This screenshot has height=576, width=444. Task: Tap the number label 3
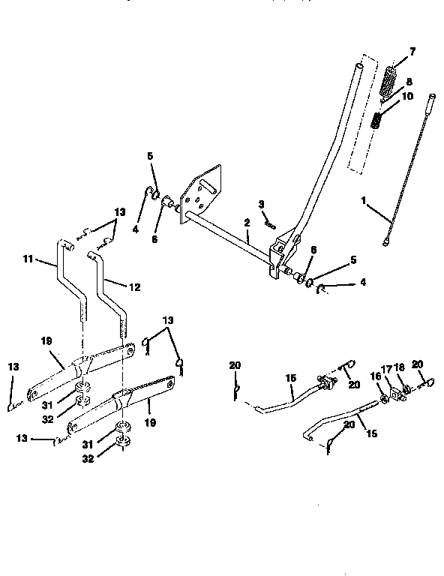point(261,204)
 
